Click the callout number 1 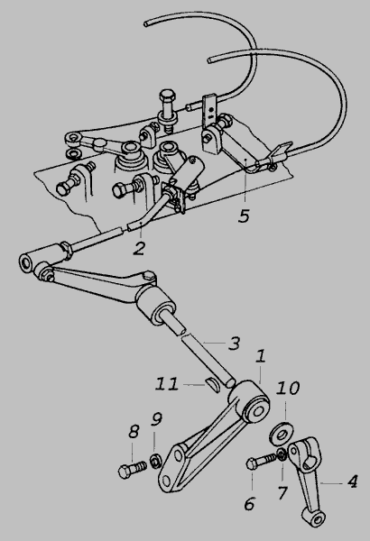[x=261, y=356]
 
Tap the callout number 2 [x=139, y=249]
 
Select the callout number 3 [x=234, y=344]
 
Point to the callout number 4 [x=352, y=481]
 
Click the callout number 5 [x=244, y=215]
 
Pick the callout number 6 [x=249, y=504]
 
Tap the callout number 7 [x=282, y=493]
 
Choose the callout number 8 [x=134, y=431]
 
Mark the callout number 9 [x=156, y=419]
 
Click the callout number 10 [x=288, y=388]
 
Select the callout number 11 [x=167, y=384]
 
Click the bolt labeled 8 [x=133, y=470]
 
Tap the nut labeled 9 [x=156, y=461]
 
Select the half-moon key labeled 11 [x=214, y=384]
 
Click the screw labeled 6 [x=261, y=461]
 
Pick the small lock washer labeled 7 [x=282, y=454]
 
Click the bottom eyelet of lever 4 [x=314, y=518]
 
